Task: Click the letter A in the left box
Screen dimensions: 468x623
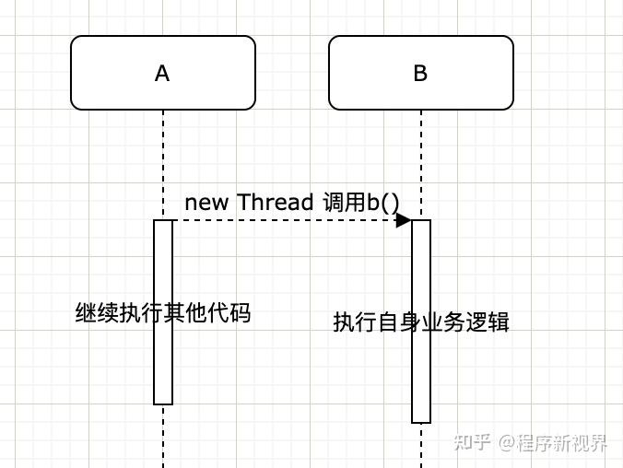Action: pyautogui.click(x=162, y=74)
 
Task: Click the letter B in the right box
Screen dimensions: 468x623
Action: pyautogui.click(x=420, y=74)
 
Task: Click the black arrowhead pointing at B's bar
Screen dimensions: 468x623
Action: pyautogui.click(x=404, y=220)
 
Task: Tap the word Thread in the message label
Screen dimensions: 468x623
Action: pyautogui.click(x=276, y=202)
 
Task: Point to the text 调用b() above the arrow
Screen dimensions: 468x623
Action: pyautogui.click(x=361, y=202)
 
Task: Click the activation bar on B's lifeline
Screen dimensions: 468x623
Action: pyautogui.click(x=421, y=387)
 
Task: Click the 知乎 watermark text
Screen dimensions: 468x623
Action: pyautogui.click(x=471, y=443)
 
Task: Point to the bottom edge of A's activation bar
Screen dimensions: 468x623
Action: pyautogui.click(x=163, y=404)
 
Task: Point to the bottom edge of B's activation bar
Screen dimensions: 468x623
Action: pyautogui.click(x=421, y=422)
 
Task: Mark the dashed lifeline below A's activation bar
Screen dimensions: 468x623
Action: pyautogui.click(x=163, y=438)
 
